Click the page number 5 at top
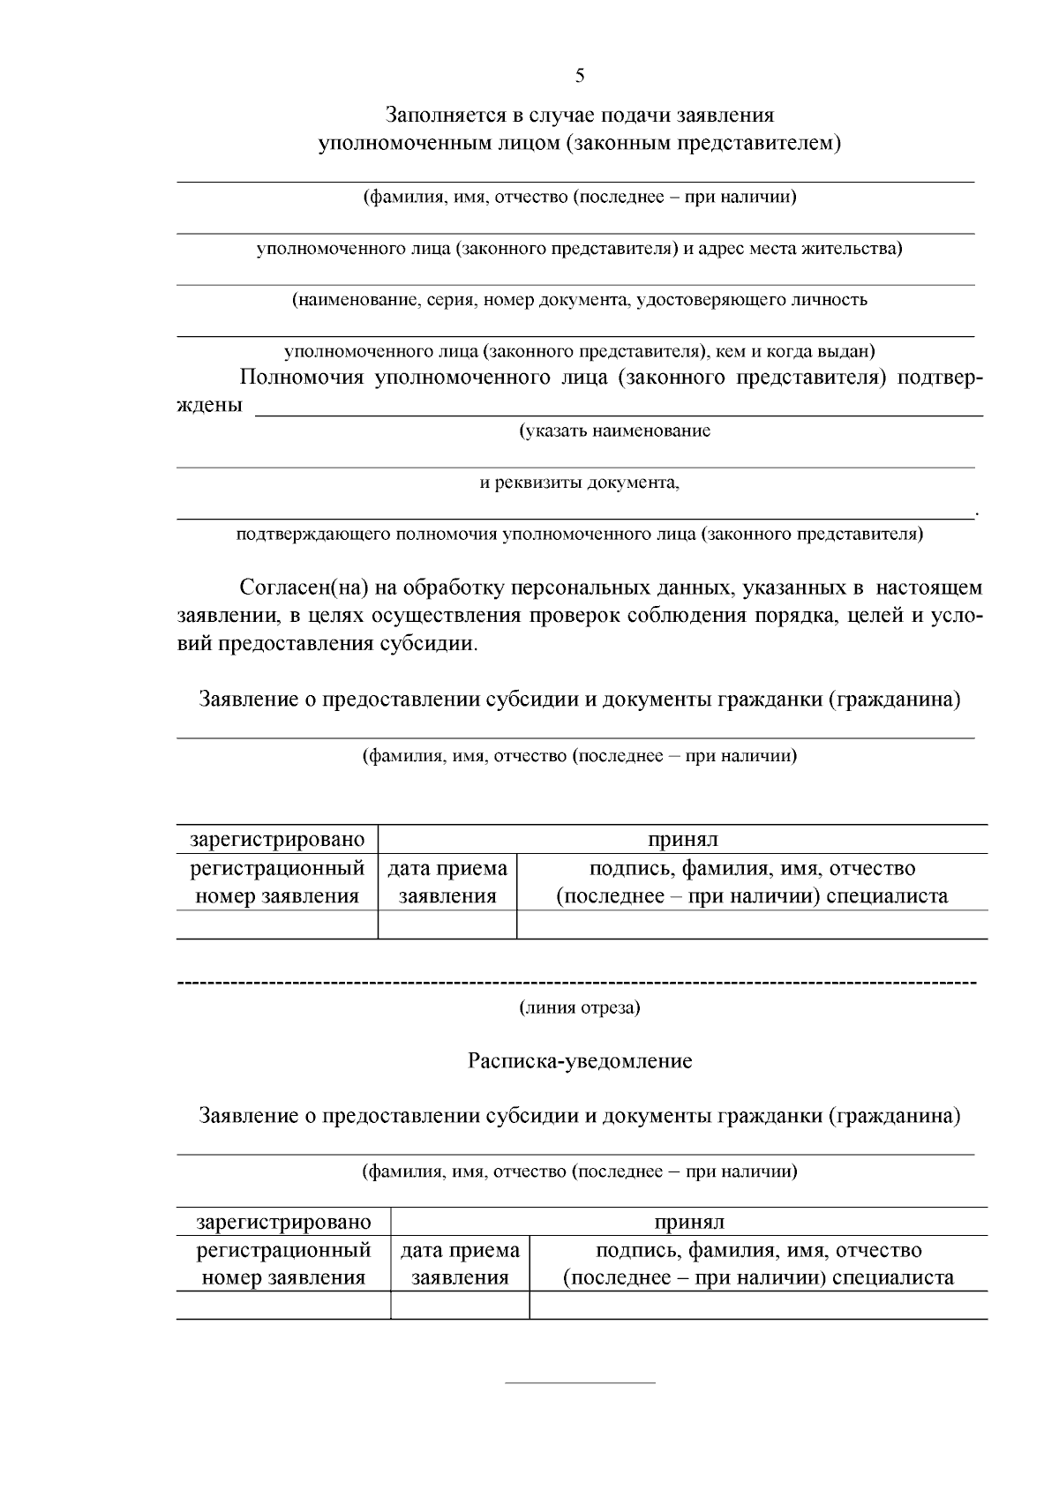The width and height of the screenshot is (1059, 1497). pyautogui.click(x=580, y=76)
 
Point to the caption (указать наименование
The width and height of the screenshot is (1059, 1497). pyautogui.click(x=614, y=431)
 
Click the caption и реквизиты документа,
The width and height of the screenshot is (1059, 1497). pyautogui.click(x=579, y=483)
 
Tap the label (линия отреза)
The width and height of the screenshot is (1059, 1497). pyautogui.click(x=579, y=1007)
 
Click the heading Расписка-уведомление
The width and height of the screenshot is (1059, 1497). pyautogui.click(x=580, y=1061)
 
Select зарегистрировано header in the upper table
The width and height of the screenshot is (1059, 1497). pyautogui.click(x=277, y=839)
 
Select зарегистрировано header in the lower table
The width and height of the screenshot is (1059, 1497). pyautogui.click(x=283, y=1222)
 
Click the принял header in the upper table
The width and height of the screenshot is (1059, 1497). pyautogui.click(x=682, y=839)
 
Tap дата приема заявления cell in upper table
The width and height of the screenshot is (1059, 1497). pyautogui.click(x=447, y=882)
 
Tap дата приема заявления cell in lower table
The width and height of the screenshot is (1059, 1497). pyautogui.click(x=460, y=1263)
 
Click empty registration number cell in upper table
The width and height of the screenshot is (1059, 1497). pyautogui.click(x=277, y=924)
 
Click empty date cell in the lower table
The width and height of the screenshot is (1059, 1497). pyautogui.click(x=460, y=1305)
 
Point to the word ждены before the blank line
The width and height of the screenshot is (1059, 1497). pyautogui.click(x=210, y=407)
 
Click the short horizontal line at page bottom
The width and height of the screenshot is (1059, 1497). pyautogui.click(x=580, y=1382)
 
